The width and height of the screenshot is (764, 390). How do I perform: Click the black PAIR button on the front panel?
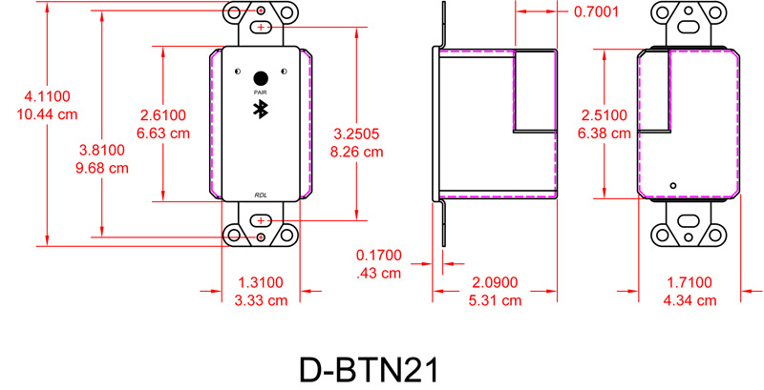pyautogui.click(x=260, y=77)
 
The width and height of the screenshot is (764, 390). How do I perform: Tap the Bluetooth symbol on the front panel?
pyautogui.click(x=260, y=109)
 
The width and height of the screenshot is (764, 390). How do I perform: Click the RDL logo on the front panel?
pyautogui.click(x=261, y=195)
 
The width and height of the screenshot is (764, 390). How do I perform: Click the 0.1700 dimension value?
pyautogui.click(x=379, y=256)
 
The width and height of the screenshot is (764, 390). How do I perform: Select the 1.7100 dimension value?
pyautogui.click(x=690, y=282)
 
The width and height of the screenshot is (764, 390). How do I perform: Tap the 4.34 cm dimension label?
pyautogui.click(x=690, y=300)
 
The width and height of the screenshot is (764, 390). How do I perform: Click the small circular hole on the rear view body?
pyautogui.click(x=673, y=185)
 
